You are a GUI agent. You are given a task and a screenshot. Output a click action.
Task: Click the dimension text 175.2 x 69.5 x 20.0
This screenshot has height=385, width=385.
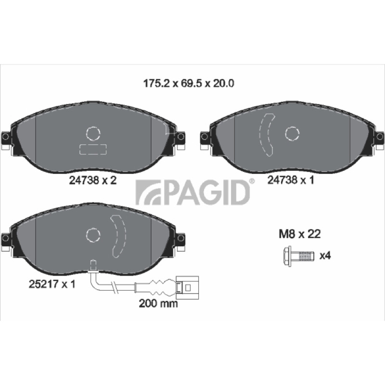pos(188,83)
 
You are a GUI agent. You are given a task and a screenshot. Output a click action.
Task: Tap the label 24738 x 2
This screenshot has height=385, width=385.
pos(92,180)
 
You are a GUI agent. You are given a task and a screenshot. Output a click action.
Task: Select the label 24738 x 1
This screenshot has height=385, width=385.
pos(291,180)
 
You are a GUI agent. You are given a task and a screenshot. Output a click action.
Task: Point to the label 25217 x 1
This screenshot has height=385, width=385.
pos(52,284)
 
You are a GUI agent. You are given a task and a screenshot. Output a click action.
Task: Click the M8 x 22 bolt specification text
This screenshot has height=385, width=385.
pos(299,234)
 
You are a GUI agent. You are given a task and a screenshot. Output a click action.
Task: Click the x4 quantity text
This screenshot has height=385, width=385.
pos(325,256)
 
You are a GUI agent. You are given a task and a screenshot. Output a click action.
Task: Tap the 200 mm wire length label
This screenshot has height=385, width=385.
pos(158,304)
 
